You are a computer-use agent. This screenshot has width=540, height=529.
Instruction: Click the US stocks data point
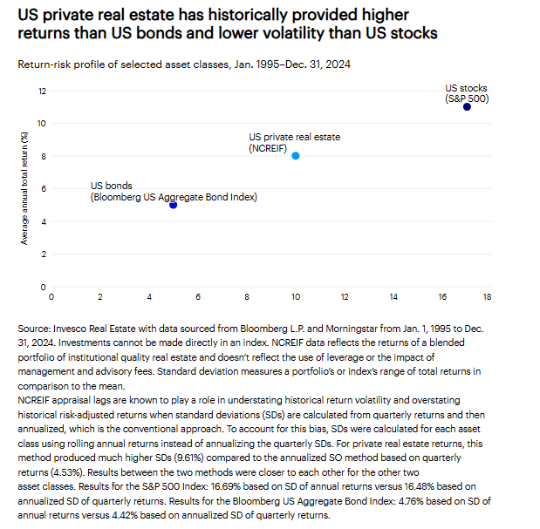point(467,107)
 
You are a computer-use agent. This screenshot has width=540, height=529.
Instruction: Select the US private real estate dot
point(296,156)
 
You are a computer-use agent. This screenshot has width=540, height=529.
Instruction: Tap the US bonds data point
point(174,205)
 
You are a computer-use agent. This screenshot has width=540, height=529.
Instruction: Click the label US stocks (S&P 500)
point(467,93)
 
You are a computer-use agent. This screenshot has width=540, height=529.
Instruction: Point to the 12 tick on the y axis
point(42,91)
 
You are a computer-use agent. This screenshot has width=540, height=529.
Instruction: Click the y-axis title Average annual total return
point(24,188)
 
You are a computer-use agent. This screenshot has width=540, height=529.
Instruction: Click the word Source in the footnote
point(34,329)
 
